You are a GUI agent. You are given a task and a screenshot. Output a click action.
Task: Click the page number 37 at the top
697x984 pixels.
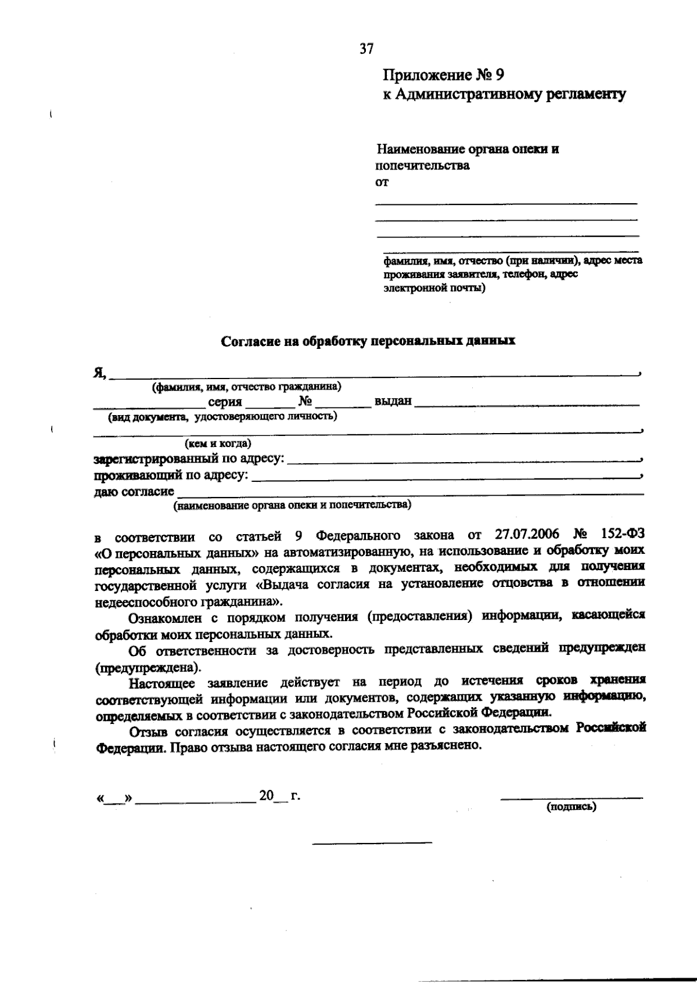(x=367, y=49)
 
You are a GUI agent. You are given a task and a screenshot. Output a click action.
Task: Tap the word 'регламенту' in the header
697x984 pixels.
(x=584, y=94)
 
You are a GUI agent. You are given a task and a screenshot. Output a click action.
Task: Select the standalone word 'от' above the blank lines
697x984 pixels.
(x=382, y=182)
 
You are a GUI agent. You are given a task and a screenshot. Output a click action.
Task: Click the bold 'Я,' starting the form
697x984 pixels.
(x=99, y=373)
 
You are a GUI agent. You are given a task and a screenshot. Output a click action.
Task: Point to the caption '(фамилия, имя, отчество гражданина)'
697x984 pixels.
(x=246, y=387)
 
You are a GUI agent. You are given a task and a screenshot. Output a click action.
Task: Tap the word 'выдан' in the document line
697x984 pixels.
(x=393, y=401)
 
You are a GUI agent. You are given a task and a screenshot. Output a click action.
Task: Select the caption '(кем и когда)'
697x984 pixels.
(x=218, y=444)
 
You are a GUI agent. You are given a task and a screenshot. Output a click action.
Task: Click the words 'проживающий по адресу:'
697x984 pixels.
(x=170, y=476)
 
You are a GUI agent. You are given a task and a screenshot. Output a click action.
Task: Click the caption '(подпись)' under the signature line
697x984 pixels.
(x=571, y=806)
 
